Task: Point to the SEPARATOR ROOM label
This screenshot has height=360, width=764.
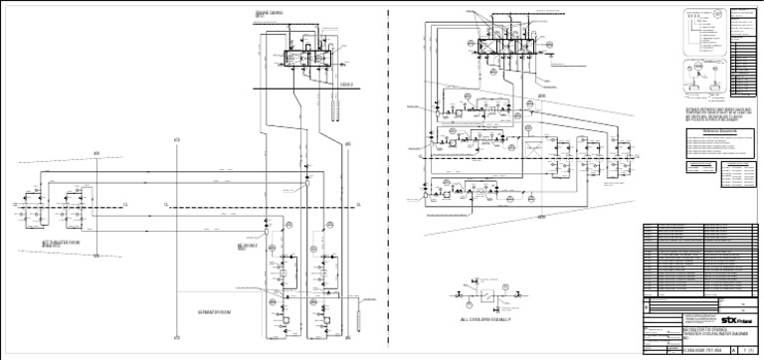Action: click(x=215, y=311)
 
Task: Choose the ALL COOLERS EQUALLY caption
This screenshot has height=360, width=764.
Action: click(x=486, y=320)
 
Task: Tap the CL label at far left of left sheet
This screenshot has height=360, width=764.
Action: click(x=15, y=206)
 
